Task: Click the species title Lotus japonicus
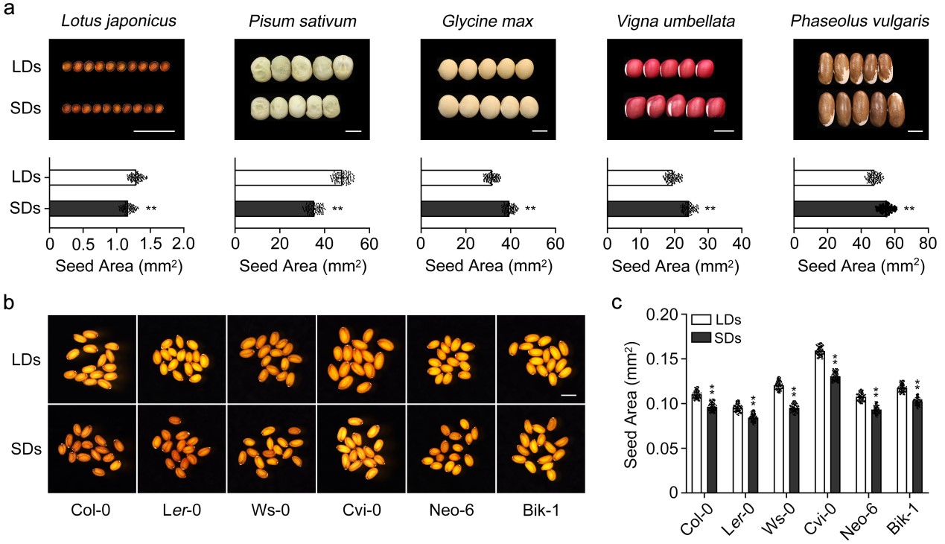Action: (118, 20)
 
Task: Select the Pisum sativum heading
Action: (302, 20)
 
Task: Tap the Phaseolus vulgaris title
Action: (859, 20)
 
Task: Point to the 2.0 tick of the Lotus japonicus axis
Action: (184, 242)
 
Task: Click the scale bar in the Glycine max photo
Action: (540, 131)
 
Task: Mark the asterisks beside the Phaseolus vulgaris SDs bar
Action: (909, 209)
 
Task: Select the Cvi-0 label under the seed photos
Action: (361, 512)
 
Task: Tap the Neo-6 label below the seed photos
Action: (451, 512)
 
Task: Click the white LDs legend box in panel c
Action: (699, 320)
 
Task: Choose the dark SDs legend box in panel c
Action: (699, 338)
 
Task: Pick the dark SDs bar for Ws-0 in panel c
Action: (793, 450)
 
